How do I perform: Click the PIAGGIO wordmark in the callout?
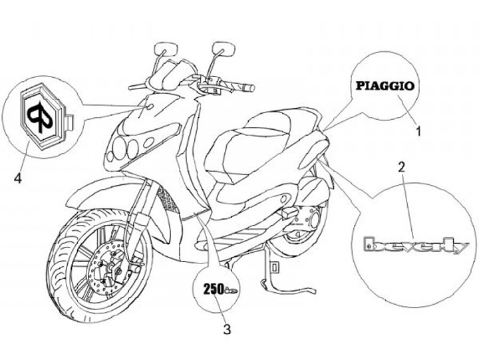pyautogui.click(x=385, y=85)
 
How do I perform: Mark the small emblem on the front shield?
pyautogui.click(x=148, y=106)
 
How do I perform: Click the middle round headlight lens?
pyautogui.click(x=133, y=146)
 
